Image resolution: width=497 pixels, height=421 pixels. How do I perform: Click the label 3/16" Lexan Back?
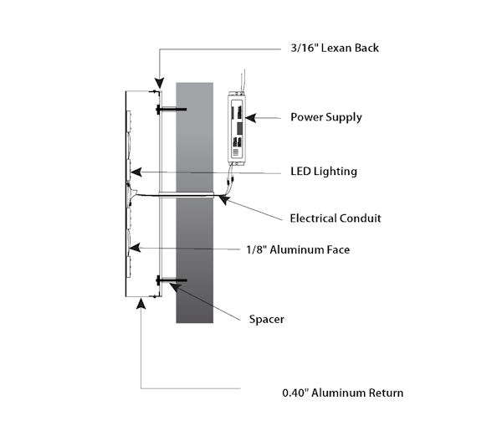point(335,48)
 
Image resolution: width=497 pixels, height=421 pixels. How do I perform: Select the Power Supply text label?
point(326,117)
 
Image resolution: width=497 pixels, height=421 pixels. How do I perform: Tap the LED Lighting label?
point(324,172)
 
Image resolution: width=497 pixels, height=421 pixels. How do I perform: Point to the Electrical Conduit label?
point(336,218)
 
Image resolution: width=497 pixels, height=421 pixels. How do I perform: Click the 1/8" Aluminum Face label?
point(298,249)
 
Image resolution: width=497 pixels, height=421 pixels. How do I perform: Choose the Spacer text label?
point(267,319)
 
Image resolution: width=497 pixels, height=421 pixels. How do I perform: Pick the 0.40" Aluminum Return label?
point(343,393)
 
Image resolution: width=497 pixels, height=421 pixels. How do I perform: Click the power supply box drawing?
point(237,128)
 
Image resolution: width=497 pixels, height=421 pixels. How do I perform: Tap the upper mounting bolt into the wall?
point(172,110)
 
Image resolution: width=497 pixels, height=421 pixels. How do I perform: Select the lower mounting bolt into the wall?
point(172,280)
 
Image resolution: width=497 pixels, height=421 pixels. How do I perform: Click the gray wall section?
point(195,203)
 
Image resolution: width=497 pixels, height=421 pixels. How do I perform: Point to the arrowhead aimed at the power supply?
point(250,118)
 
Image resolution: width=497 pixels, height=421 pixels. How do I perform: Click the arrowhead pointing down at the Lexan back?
point(160,83)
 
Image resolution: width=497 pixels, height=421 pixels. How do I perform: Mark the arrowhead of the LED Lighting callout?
point(136,172)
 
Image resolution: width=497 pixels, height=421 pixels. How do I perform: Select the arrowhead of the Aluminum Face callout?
point(136,248)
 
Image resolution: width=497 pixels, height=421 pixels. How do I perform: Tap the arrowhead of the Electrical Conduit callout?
point(223,200)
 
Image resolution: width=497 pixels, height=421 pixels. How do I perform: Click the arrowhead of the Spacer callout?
point(175,287)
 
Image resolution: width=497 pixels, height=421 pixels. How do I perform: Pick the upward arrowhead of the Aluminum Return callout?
point(141,304)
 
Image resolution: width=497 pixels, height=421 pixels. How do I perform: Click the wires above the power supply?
point(243,80)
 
